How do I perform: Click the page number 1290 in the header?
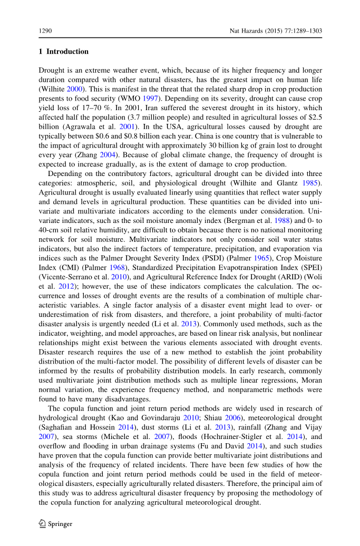(x=46, y=31)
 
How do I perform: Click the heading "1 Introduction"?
(x=64, y=52)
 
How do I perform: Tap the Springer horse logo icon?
(x=43, y=524)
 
